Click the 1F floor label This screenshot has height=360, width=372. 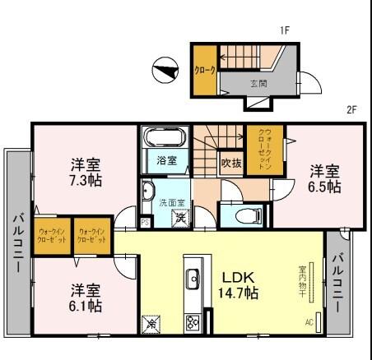[285, 31]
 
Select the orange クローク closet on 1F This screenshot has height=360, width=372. [204, 71]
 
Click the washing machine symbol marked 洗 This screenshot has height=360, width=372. [178, 218]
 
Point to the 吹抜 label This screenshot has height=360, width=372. [231, 162]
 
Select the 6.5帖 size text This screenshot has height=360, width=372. [325, 187]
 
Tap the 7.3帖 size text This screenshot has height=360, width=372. [86, 178]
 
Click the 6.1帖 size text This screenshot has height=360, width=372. [86, 306]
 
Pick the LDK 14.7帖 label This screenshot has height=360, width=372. [239, 284]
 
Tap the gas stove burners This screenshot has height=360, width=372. [193, 321]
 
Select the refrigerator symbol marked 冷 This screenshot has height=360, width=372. [151, 324]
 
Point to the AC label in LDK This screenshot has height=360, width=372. [309, 321]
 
